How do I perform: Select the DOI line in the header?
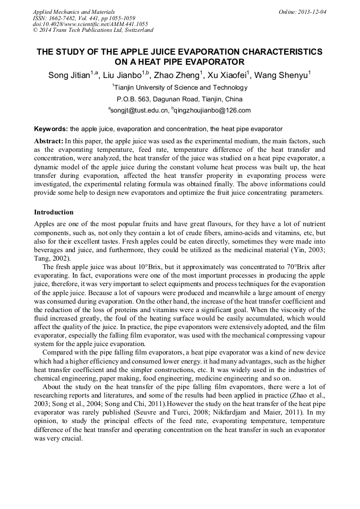pyautogui.click(x=90, y=24)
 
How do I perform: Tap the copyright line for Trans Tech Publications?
pyautogui.click(x=93, y=30)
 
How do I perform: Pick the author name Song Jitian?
pyautogui.click(x=68, y=76)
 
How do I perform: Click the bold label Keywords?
pyautogui.click(x=51, y=129)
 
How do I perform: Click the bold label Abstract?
pyautogui.click(x=49, y=142)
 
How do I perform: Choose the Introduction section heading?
pyautogui.click(x=54, y=212)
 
